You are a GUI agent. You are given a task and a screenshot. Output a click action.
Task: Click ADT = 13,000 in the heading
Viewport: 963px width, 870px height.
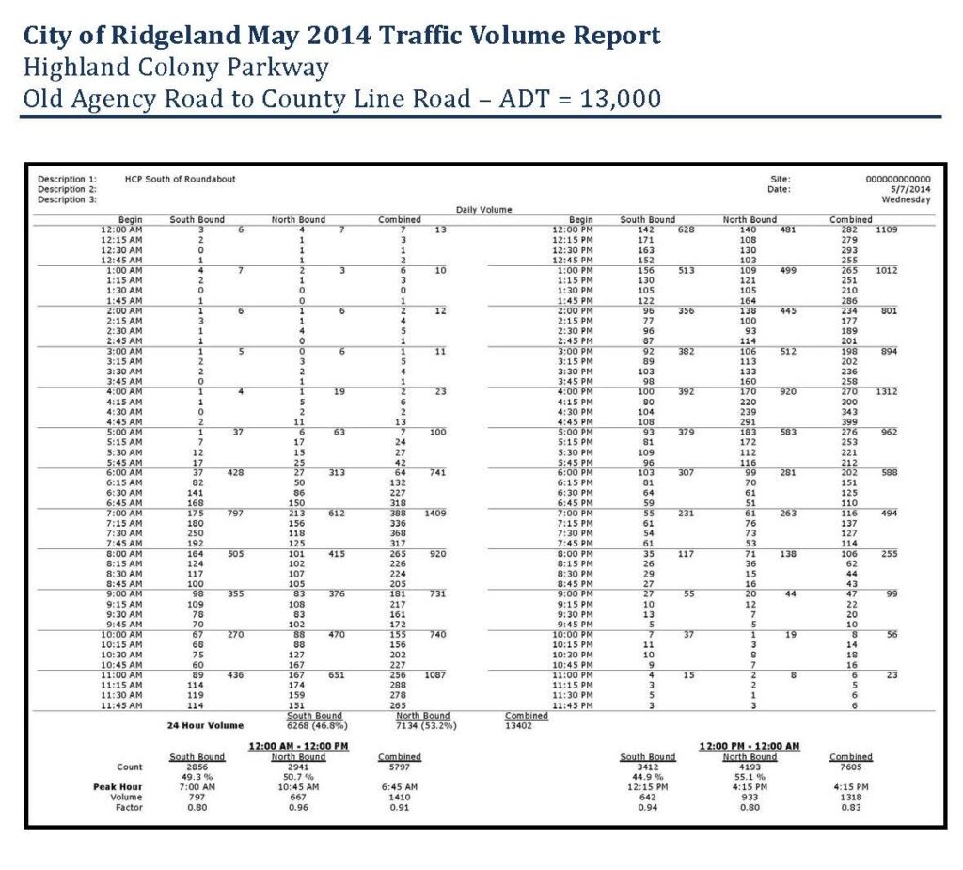[x=576, y=99]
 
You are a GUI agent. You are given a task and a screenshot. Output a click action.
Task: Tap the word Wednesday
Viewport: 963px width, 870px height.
[x=906, y=199]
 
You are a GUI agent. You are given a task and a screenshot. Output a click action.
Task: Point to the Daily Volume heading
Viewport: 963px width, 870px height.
[x=483, y=210]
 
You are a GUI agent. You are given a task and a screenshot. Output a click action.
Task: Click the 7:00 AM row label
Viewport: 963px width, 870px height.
[x=123, y=513]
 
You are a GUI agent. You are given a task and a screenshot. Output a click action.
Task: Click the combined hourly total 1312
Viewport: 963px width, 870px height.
[x=885, y=391]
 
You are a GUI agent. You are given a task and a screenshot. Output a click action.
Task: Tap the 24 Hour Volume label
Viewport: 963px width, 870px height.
[x=205, y=725]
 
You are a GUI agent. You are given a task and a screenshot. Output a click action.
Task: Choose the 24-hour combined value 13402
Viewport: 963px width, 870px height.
[x=518, y=725]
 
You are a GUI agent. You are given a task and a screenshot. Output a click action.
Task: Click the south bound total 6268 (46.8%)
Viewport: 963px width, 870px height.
[x=314, y=725]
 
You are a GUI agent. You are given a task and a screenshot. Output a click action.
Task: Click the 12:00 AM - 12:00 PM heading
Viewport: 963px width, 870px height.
[x=297, y=746]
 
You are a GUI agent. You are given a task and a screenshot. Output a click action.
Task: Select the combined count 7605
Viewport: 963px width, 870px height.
[x=850, y=767]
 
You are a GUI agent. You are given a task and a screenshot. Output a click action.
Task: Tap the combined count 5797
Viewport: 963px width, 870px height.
[x=399, y=767]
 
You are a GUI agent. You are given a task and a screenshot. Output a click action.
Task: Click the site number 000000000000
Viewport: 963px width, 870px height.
[x=897, y=179]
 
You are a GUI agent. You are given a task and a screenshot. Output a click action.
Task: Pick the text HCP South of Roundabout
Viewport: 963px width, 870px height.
[x=180, y=179]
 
